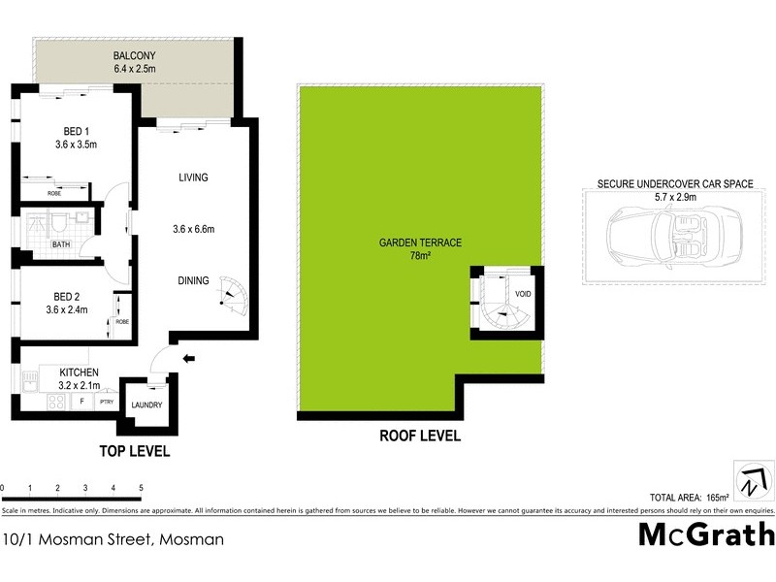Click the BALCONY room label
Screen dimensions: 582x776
coord(135,54)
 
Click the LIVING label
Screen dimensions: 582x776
coord(194,178)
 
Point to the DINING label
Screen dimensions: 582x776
coord(193,281)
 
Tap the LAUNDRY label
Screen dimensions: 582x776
coord(146,406)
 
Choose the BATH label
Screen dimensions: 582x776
coord(61,244)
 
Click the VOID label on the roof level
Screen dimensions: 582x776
coord(523,293)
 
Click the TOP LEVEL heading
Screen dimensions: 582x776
coord(135,451)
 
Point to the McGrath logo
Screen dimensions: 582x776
coord(706,534)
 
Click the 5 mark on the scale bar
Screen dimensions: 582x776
coord(142,487)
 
